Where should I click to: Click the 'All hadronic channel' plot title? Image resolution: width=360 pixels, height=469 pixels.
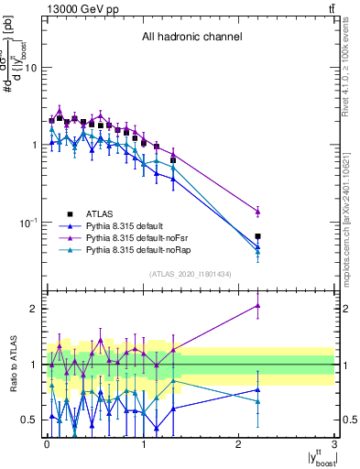pyautogui.click(x=191, y=38)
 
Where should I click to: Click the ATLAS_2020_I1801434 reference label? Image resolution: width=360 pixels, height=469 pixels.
pyautogui.click(x=191, y=274)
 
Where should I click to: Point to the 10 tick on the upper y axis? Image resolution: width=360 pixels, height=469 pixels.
pyautogui.click(x=30, y=68)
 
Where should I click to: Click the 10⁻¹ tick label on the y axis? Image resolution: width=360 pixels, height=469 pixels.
pyautogui.click(x=27, y=223)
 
